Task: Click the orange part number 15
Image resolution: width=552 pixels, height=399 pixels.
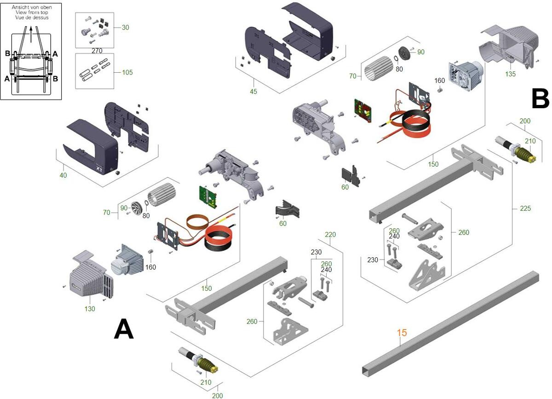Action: pyautogui.click(x=402, y=332)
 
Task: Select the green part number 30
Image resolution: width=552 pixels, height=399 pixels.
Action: pyautogui.click(x=125, y=28)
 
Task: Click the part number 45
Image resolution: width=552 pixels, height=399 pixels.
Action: pyautogui.click(x=253, y=92)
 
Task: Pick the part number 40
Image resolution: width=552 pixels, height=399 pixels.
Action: pyautogui.click(x=63, y=175)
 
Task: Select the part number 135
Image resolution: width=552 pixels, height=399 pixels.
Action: pyautogui.click(x=510, y=74)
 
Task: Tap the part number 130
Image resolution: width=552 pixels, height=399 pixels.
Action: pyautogui.click(x=90, y=309)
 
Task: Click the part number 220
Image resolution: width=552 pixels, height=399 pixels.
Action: pyautogui.click(x=330, y=235)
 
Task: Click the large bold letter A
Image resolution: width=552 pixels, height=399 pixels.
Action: pyautogui.click(x=124, y=330)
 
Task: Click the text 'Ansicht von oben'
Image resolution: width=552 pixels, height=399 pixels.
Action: pyautogui.click(x=31, y=7)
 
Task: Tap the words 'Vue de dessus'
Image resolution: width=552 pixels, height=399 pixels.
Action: pyautogui.click(x=31, y=17)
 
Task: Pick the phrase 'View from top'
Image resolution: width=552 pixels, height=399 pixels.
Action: pyautogui.click(x=31, y=12)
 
